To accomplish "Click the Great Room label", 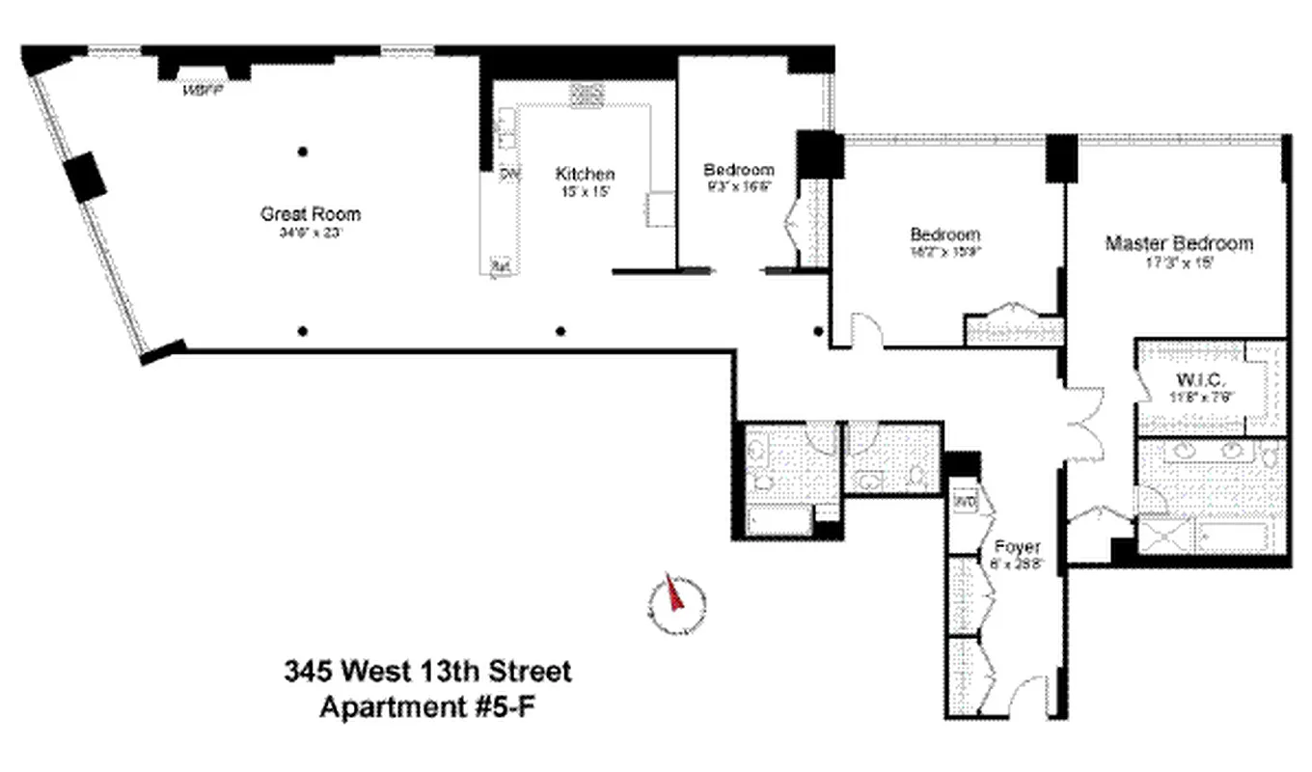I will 311,214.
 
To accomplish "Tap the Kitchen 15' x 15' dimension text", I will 585,193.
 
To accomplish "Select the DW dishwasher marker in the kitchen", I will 509,174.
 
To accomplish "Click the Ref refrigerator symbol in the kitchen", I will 500,264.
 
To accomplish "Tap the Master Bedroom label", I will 1179,243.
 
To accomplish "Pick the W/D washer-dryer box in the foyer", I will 965,502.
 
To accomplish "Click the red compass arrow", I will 673,593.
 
